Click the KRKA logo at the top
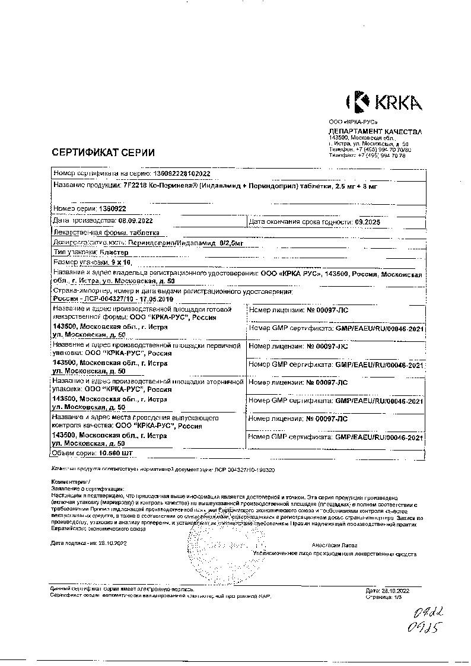383,102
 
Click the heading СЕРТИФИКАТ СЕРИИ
103,152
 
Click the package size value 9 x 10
121,262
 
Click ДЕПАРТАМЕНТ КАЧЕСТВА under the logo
375,131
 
